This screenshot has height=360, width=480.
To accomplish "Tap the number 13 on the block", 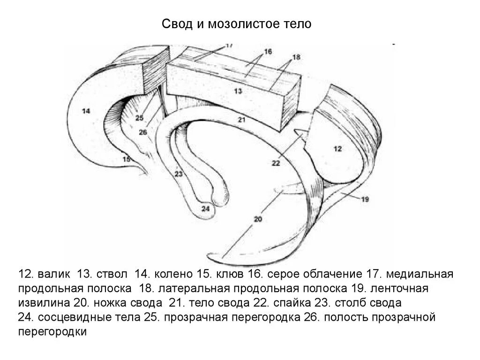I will pyautogui.click(x=238, y=91).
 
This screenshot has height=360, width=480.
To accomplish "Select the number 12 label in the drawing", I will pyautogui.click(x=337, y=149).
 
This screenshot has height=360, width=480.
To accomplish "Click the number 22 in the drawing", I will pyautogui.click(x=276, y=163).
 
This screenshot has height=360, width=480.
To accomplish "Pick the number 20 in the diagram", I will pyautogui.click(x=258, y=219).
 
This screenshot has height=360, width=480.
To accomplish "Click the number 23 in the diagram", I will pyautogui.click(x=178, y=174).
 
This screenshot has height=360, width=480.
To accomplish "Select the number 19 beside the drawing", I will pyautogui.click(x=365, y=199).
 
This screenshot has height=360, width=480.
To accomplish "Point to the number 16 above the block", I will pyautogui.click(x=268, y=52).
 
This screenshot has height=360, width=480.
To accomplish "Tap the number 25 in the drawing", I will pyautogui.click(x=140, y=118).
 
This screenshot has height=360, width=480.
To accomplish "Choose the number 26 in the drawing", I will pyautogui.click(x=143, y=132).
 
